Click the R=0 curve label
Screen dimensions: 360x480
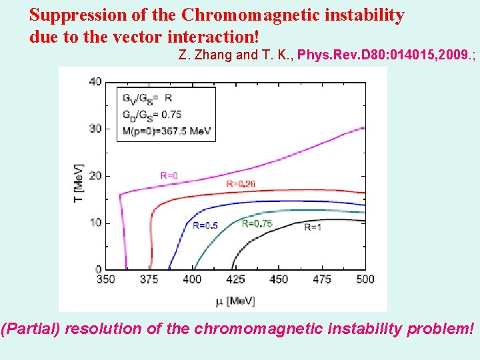(x=169, y=175)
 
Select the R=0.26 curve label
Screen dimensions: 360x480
(x=241, y=183)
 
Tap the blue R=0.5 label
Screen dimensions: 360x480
(x=205, y=225)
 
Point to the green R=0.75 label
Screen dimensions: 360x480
(x=257, y=224)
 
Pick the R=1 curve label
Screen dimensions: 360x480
(x=313, y=227)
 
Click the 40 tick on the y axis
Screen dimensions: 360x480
(x=95, y=82)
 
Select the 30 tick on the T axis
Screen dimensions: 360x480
(x=95, y=129)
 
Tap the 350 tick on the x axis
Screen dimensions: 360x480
(x=106, y=279)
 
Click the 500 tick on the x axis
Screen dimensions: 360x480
(x=365, y=279)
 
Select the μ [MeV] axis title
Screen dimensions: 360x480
(x=235, y=301)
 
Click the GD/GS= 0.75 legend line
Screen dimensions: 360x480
(x=151, y=114)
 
